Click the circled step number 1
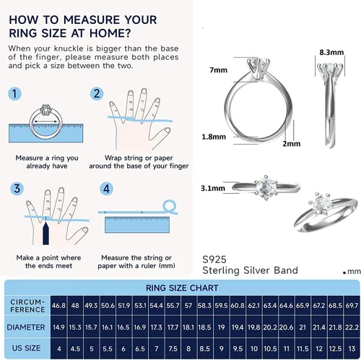point(14,94)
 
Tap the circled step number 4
point(106,189)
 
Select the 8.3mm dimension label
point(331,52)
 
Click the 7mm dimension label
point(218,70)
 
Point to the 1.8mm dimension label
point(214,137)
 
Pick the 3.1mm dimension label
point(213,188)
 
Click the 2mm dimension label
point(292,144)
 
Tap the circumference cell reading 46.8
point(59,306)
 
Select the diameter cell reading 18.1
point(188,327)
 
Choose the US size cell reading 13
point(352,348)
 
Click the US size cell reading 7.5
point(173,348)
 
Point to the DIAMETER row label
point(26,327)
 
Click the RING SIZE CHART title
point(182,288)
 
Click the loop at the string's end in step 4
point(170,206)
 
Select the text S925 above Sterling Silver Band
point(214,260)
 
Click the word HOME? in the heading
point(110,33)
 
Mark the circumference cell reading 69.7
point(352,306)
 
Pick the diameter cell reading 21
point(303,327)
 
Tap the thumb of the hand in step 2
point(161,137)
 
